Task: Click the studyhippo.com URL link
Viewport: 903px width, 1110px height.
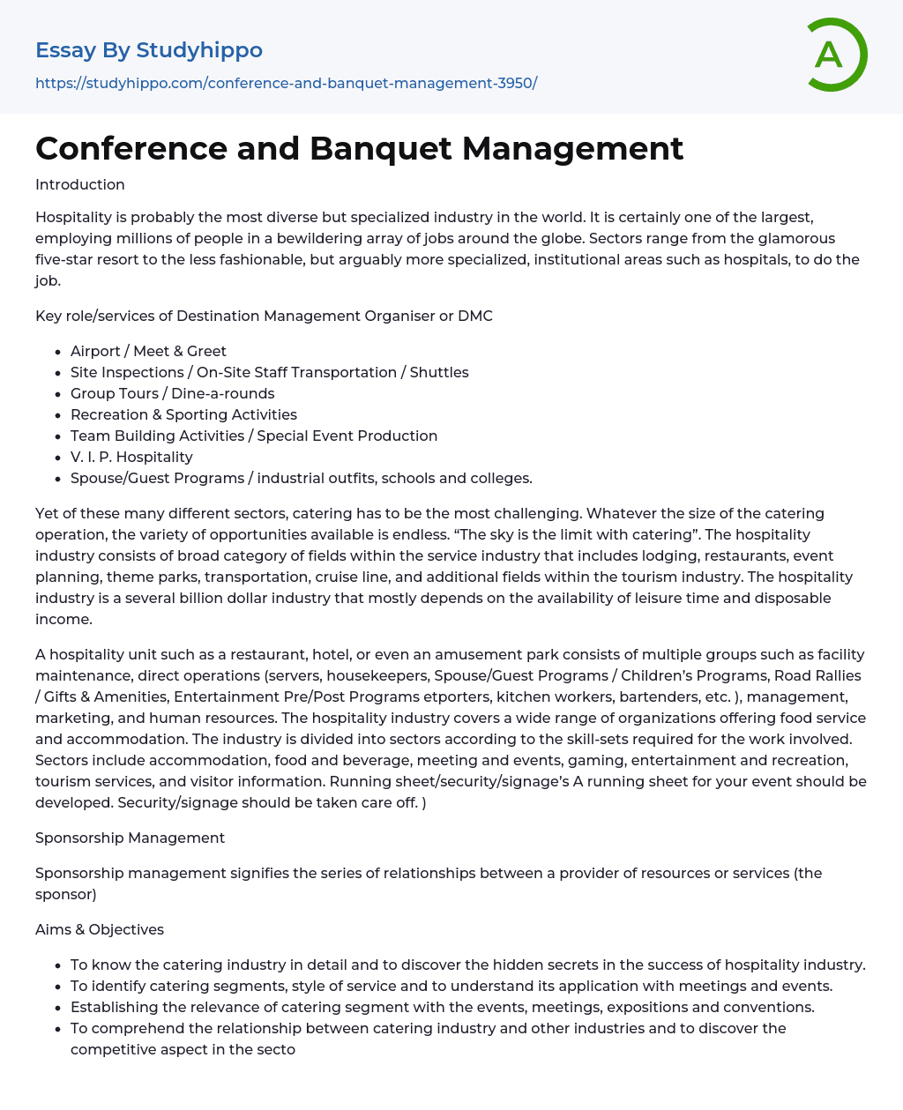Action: [286, 83]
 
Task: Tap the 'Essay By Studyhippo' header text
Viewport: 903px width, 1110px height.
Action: [149, 50]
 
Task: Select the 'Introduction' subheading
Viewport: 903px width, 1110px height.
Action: [80, 184]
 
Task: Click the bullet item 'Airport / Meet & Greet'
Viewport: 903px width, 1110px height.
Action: [148, 351]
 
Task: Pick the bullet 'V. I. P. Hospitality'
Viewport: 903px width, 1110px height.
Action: [131, 457]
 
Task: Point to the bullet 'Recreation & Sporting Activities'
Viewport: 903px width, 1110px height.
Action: [183, 414]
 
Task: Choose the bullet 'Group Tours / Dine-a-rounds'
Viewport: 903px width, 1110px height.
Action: [172, 393]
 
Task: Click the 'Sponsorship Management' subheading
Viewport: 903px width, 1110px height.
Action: [130, 838]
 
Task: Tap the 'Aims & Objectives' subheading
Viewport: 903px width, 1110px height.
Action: [100, 929]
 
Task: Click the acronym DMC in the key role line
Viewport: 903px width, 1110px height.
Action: [474, 316]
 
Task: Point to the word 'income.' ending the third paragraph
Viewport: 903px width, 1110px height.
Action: [63, 619]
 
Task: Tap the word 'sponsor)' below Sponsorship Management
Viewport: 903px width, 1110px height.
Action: [66, 894]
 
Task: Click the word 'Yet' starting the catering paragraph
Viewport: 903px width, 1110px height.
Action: [47, 513]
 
